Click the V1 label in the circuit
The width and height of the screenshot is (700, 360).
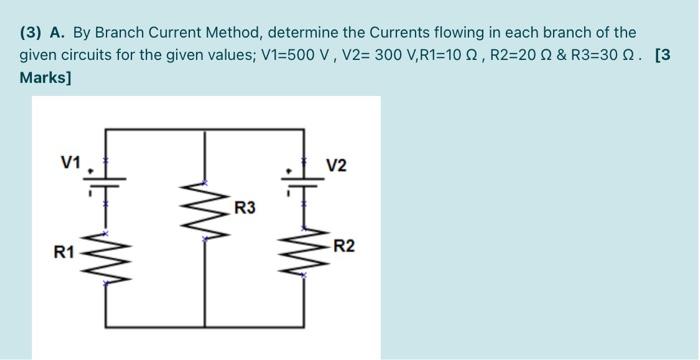pyautogui.click(x=71, y=163)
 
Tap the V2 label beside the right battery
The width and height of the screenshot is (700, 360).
pyautogui.click(x=336, y=166)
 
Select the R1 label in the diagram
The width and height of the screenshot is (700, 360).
pyautogui.click(x=64, y=252)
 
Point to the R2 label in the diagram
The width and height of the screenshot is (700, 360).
pyautogui.click(x=345, y=246)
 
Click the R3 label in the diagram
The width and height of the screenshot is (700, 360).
pyautogui.click(x=245, y=208)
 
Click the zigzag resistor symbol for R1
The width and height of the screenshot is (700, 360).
pyautogui.click(x=106, y=258)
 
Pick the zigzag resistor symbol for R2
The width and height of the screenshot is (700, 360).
pyautogui.click(x=304, y=251)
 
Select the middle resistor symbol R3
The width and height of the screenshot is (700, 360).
pyautogui.click(x=205, y=210)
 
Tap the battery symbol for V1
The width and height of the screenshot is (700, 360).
pyautogui.click(x=105, y=183)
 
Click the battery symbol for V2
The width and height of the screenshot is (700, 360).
pyautogui.click(x=303, y=183)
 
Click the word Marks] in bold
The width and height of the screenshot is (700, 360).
pyautogui.click(x=45, y=78)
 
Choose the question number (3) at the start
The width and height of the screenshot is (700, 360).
pyautogui.click(x=31, y=33)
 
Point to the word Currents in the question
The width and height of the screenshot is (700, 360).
pyautogui.click(x=401, y=33)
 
